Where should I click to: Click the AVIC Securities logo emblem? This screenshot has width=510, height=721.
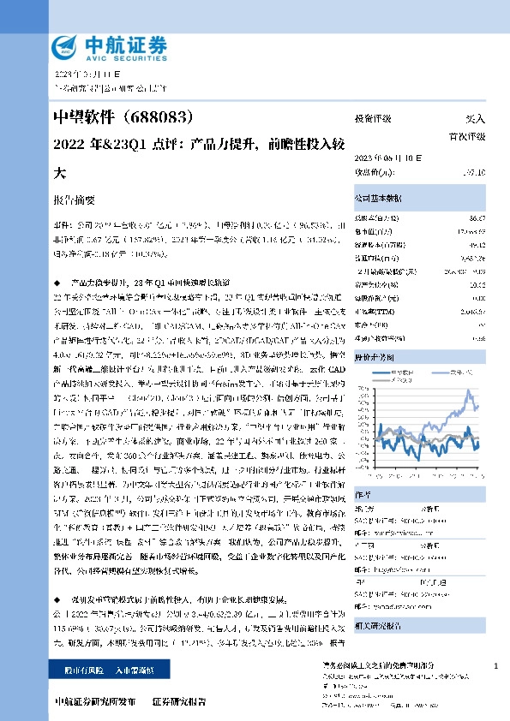[x=65, y=45]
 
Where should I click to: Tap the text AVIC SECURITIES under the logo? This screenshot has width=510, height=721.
[x=112, y=53]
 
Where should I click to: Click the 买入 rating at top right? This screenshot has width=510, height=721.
[x=476, y=120]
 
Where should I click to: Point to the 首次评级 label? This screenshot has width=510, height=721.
[x=467, y=136]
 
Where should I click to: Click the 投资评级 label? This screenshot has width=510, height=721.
[x=371, y=120]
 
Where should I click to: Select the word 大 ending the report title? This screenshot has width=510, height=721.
[x=60, y=170]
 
